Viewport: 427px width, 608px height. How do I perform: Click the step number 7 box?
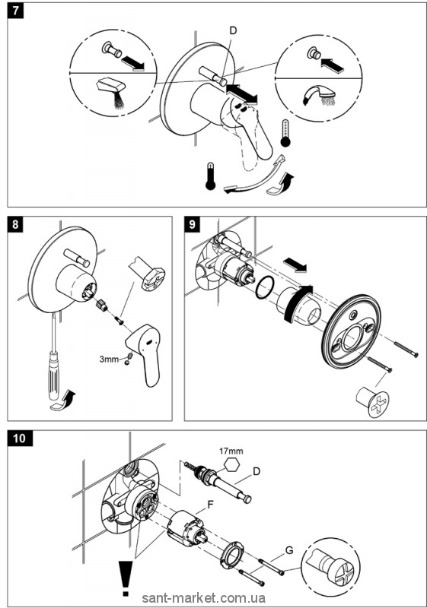(15, 10)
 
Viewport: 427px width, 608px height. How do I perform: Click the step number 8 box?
(15, 224)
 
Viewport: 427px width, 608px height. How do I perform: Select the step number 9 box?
(192, 224)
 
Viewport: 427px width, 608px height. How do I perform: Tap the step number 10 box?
(20, 439)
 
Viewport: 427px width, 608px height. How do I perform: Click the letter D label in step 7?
(233, 30)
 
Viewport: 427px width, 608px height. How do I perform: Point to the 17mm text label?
(231, 451)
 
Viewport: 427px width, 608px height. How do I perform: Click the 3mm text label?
(109, 359)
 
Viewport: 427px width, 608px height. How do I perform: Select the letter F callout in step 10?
(211, 505)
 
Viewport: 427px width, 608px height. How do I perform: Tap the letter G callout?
(289, 550)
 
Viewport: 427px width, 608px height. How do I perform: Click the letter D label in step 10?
(257, 471)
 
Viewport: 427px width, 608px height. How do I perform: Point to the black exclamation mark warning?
(125, 577)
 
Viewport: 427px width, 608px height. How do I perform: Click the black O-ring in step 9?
(265, 287)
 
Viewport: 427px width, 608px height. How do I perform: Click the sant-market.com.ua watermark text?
(204, 598)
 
